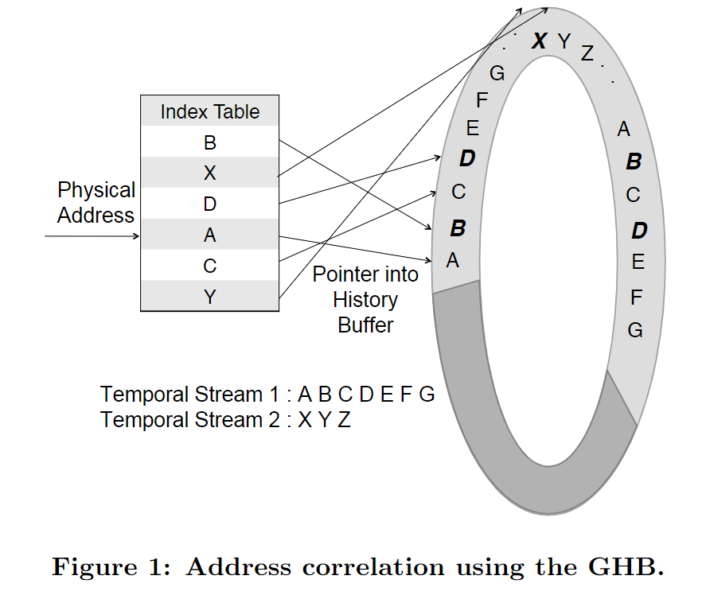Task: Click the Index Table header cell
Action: coord(210,111)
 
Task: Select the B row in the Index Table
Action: coord(210,142)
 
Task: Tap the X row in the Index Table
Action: coord(210,173)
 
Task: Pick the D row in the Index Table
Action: coord(210,204)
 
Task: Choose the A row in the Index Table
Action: coord(210,235)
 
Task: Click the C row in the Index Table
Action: coord(210,266)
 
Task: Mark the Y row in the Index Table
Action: coord(210,297)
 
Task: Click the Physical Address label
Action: coord(96,203)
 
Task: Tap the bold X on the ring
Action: coord(539,41)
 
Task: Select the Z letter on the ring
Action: coord(587,54)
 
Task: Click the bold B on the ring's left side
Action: coord(458,229)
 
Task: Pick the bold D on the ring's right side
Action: coord(639,231)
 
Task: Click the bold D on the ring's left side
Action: coord(467,159)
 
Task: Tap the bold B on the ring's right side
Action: coord(634,162)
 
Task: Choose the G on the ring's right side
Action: coord(635,330)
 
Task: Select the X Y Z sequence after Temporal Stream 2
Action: coord(324,420)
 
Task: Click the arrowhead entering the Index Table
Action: coord(137,236)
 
